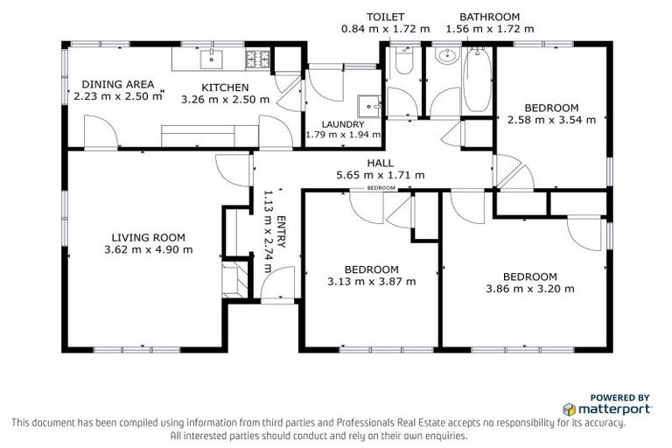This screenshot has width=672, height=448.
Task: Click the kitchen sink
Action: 211,59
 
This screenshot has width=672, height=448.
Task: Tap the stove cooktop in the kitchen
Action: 258,59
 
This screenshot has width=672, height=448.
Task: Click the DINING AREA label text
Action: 118,84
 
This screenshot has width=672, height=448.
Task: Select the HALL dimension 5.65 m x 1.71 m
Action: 381,175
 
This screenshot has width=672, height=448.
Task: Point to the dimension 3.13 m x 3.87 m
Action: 371,282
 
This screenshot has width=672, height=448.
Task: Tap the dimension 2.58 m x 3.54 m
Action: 551,120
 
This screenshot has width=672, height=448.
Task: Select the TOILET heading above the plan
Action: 385,17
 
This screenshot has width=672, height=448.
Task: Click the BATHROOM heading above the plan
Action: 490,17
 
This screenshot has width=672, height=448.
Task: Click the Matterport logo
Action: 606,409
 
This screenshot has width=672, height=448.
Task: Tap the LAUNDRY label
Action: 342,124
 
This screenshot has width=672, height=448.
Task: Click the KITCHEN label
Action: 225,87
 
